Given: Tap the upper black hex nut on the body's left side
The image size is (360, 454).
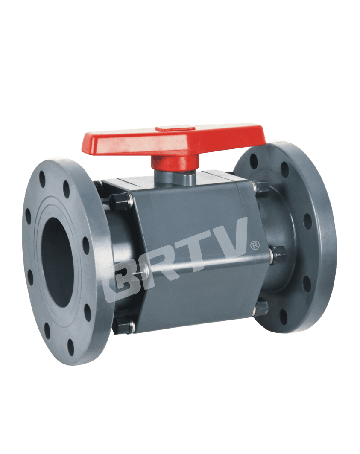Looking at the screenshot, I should (x=120, y=201).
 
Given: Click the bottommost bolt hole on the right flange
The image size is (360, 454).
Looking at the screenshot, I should (x=284, y=316).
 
